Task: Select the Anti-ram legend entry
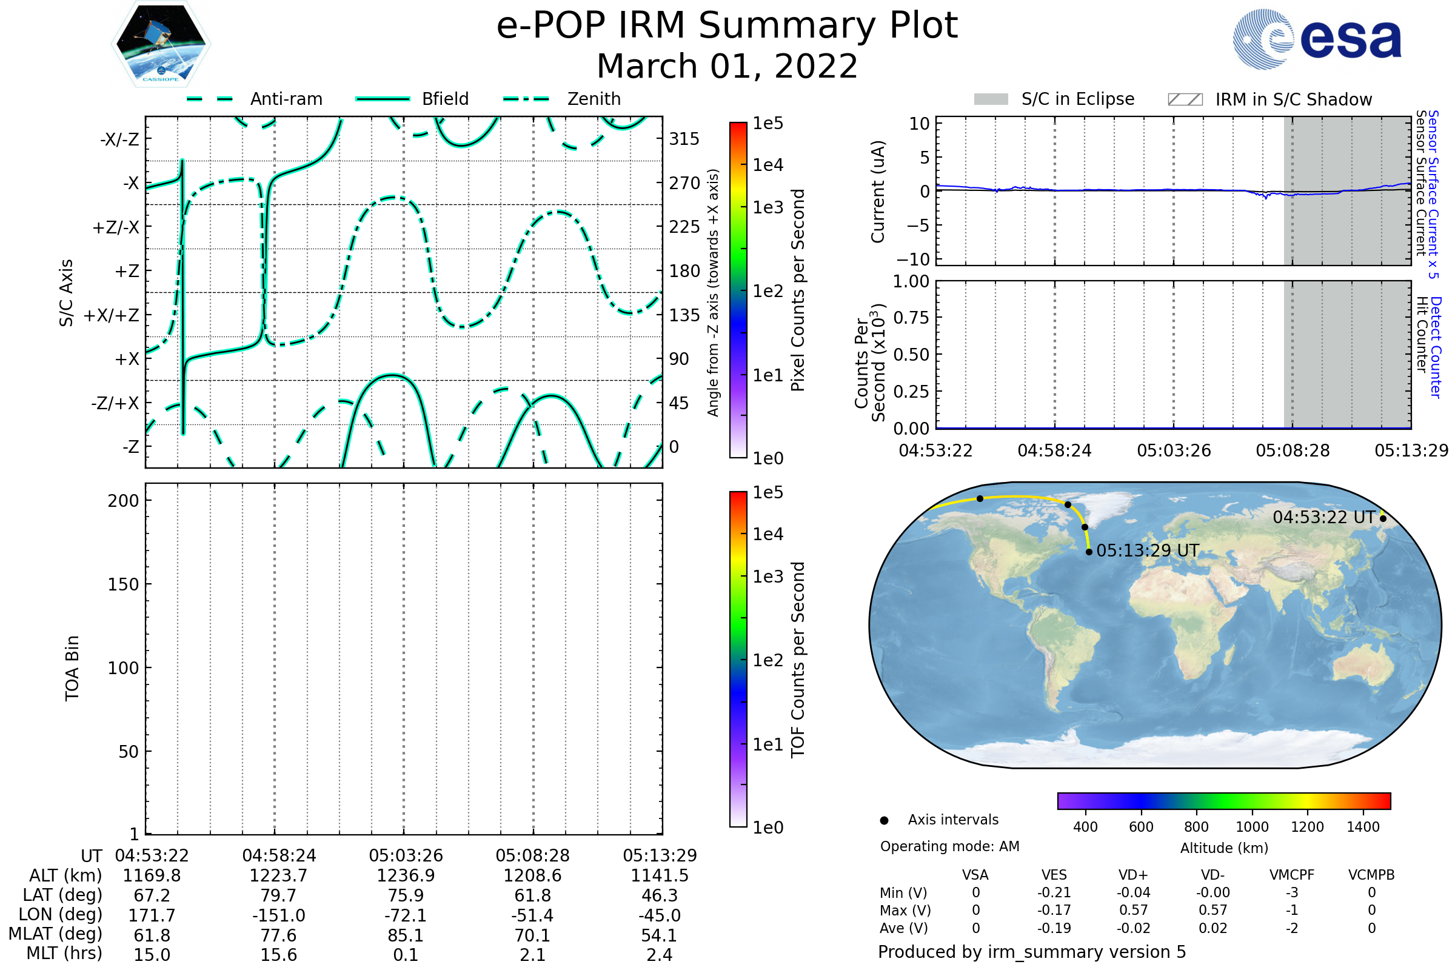[x=286, y=99]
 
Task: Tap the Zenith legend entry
[x=594, y=99]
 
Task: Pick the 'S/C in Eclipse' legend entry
[x=1077, y=99]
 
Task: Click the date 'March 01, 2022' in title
[x=727, y=66]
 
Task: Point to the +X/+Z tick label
[x=112, y=315]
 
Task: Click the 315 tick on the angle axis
[x=684, y=139]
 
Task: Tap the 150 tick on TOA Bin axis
[x=123, y=584]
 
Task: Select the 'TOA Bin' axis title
[x=72, y=668]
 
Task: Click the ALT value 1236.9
[x=406, y=875]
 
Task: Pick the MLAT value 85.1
[x=406, y=935]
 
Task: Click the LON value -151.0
[x=278, y=915]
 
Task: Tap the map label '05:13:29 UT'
[x=1148, y=550]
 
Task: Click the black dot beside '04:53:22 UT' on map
[x=1383, y=518]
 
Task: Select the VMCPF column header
[x=1292, y=875]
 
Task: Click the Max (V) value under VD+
[x=1133, y=910]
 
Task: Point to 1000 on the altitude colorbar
[x=1252, y=827]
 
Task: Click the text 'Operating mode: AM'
[x=949, y=846]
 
